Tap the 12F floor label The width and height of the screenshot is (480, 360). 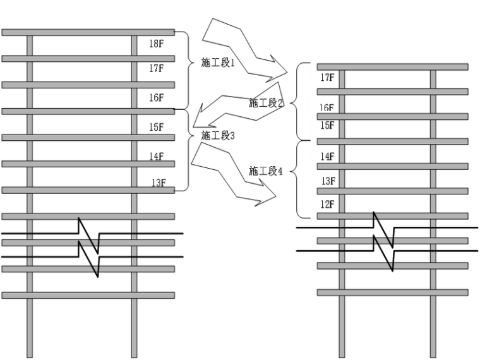pyautogui.click(x=327, y=205)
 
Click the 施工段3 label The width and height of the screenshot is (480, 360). pyautogui.click(x=217, y=135)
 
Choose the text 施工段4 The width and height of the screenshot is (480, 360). pyautogui.click(x=265, y=171)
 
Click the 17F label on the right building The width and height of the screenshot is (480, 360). pyautogui.click(x=327, y=78)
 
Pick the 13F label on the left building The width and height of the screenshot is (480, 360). pyautogui.click(x=158, y=183)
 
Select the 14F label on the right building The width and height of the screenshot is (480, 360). pyautogui.click(x=327, y=157)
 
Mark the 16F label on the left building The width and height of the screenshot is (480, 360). pyautogui.click(x=157, y=98)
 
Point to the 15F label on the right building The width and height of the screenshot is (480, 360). pyautogui.click(x=327, y=125)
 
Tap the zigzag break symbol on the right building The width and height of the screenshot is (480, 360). pyautogui.click(x=383, y=240)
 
